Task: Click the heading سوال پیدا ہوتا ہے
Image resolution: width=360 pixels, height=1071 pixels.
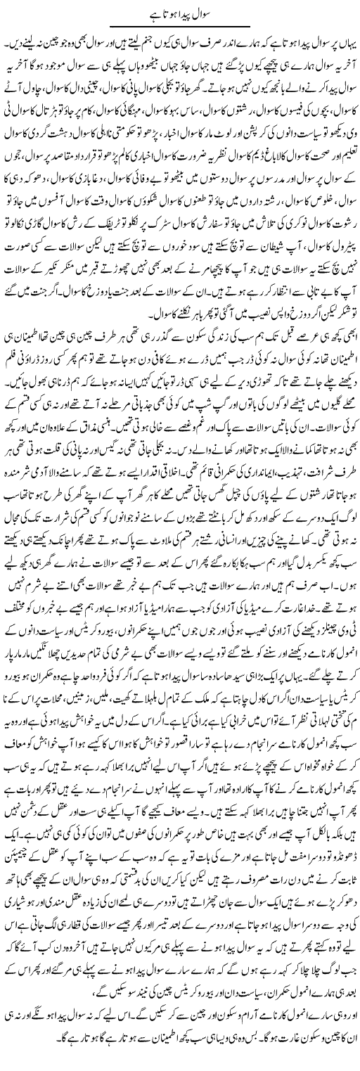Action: click(x=181, y=12)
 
